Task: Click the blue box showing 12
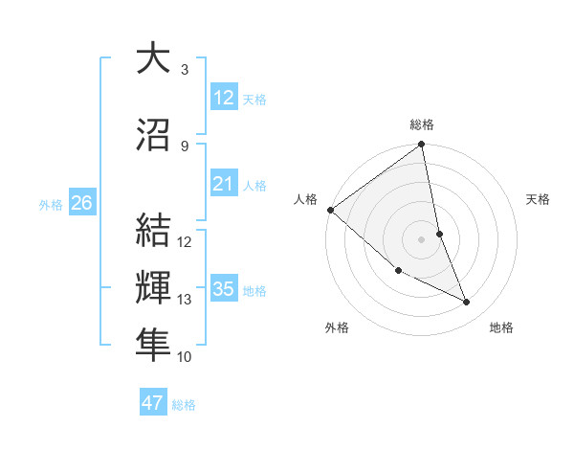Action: tap(224, 97)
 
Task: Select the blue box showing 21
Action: tap(224, 184)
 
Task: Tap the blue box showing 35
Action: tap(224, 289)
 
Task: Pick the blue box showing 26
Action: tap(81, 203)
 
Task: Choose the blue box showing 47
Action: tap(153, 403)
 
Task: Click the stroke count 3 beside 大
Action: tap(185, 70)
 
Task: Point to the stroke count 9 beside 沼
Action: tap(185, 146)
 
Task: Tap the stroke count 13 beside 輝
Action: tap(185, 300)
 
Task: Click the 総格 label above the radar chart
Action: tap(422, 124)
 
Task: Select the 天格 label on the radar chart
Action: tap(539, 199)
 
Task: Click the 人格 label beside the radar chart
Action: tap(306, 199)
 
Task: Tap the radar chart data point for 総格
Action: tap(422, 146)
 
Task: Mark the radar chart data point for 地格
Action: tap(467, 303)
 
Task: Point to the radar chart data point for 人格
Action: tap(330, 210)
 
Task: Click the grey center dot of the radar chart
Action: tap(422, 239)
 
